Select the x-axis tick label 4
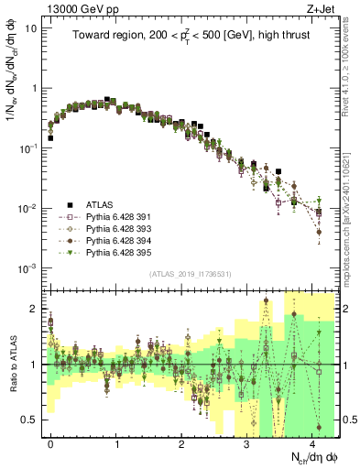(312, 443)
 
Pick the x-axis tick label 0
(50, 443)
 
